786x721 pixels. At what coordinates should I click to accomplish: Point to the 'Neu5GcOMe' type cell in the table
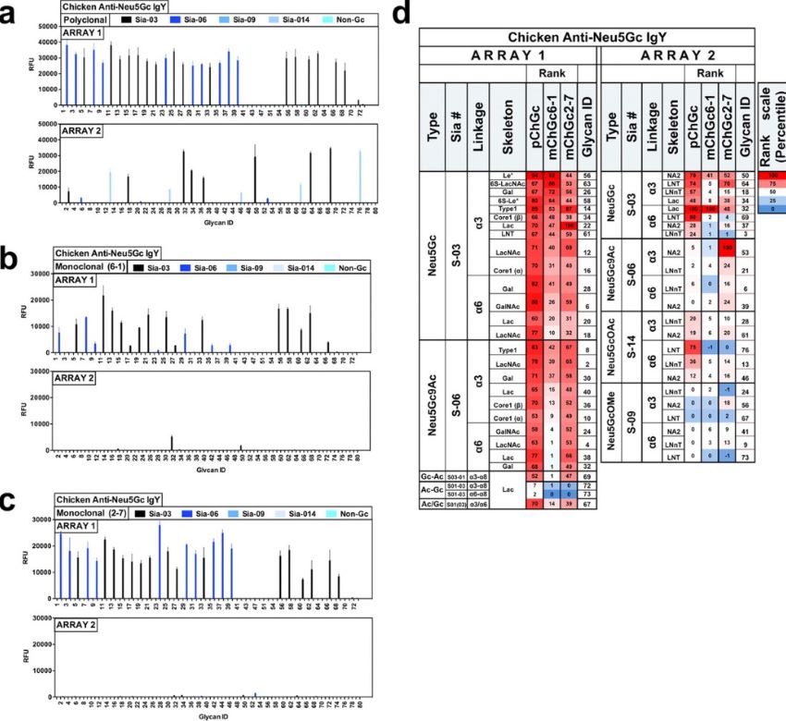pyautogui.click(x=610, y=422)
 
